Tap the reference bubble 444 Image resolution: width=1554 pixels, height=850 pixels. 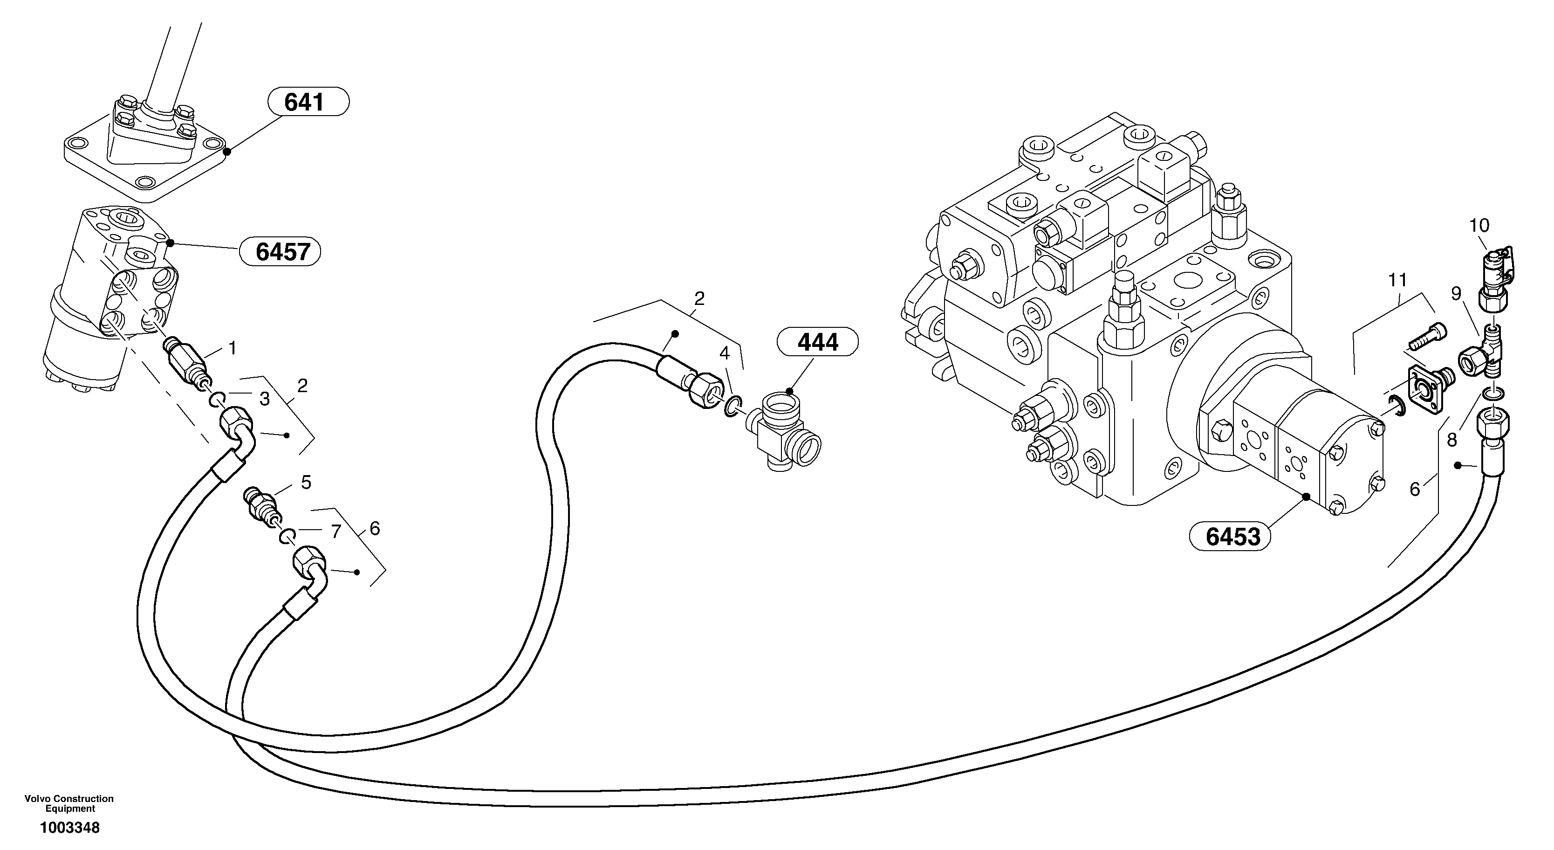(817, 342)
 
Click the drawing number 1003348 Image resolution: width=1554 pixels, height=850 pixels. (70, 828)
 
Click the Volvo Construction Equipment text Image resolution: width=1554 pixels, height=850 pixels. (69, 803)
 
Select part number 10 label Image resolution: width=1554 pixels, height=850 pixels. (1479, 226)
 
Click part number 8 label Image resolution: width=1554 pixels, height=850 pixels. (1451, 440)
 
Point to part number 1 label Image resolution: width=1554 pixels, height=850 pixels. (232, 348)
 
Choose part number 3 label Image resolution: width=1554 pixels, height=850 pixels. (264, 399)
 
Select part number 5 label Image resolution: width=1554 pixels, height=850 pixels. (306, 483)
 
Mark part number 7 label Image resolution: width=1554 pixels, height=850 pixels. (335, 531)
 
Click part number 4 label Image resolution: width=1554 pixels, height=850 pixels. (724, 353)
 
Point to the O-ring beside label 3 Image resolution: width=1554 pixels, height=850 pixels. (218, 399)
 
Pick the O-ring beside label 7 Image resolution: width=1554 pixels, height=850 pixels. (287, 535)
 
